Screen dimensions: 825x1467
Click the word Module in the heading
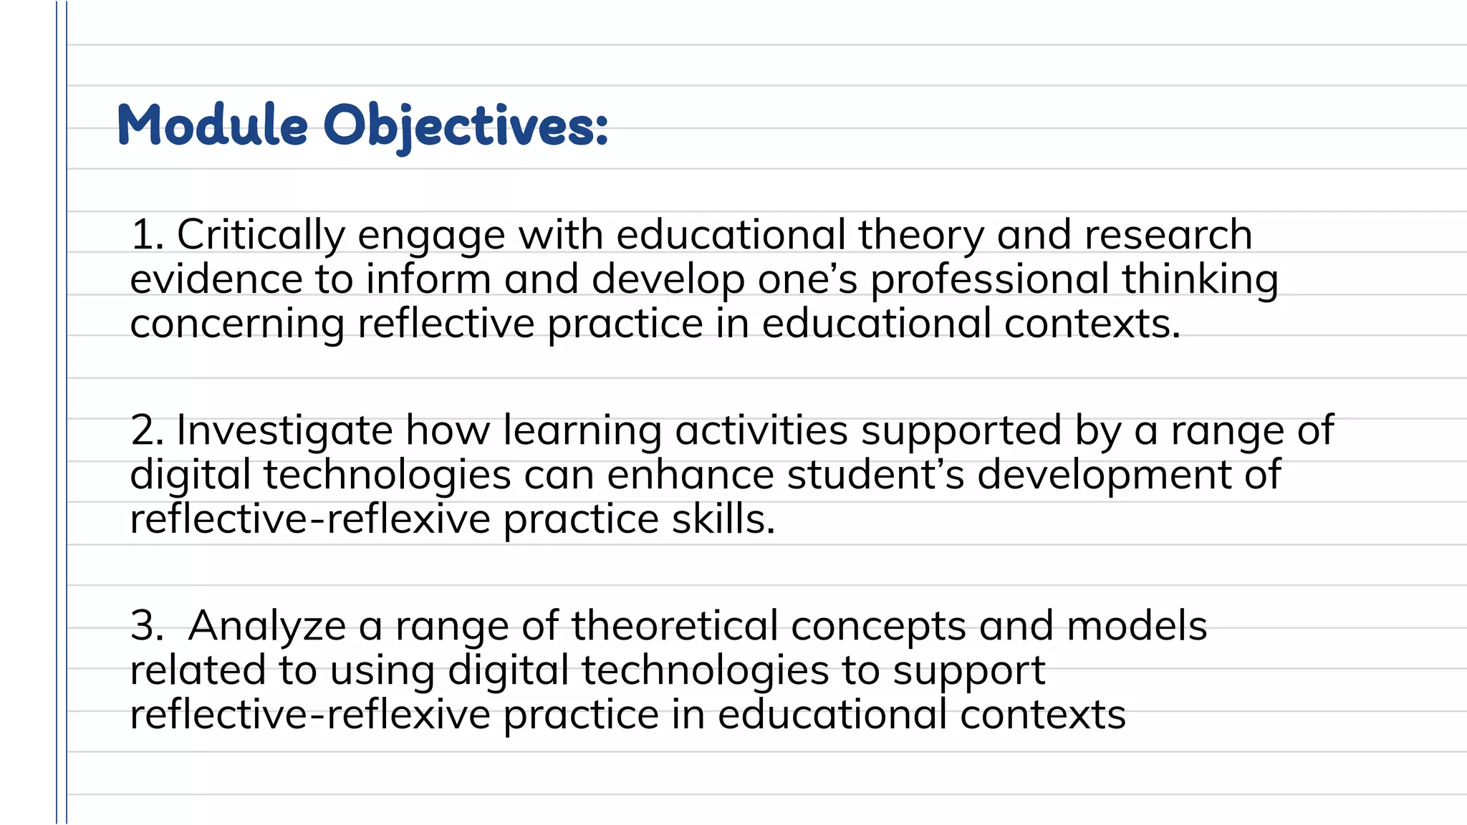(213, 125)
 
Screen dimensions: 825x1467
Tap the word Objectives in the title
(466, 127)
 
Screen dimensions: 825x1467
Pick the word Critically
(261, 236)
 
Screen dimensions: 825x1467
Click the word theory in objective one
(920, 236)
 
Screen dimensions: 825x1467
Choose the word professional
(989, 281)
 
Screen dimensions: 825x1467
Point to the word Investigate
(284, 432)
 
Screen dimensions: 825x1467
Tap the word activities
(761, 430)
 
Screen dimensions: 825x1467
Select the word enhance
(691, 475)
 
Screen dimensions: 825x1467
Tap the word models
(1137, 626)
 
